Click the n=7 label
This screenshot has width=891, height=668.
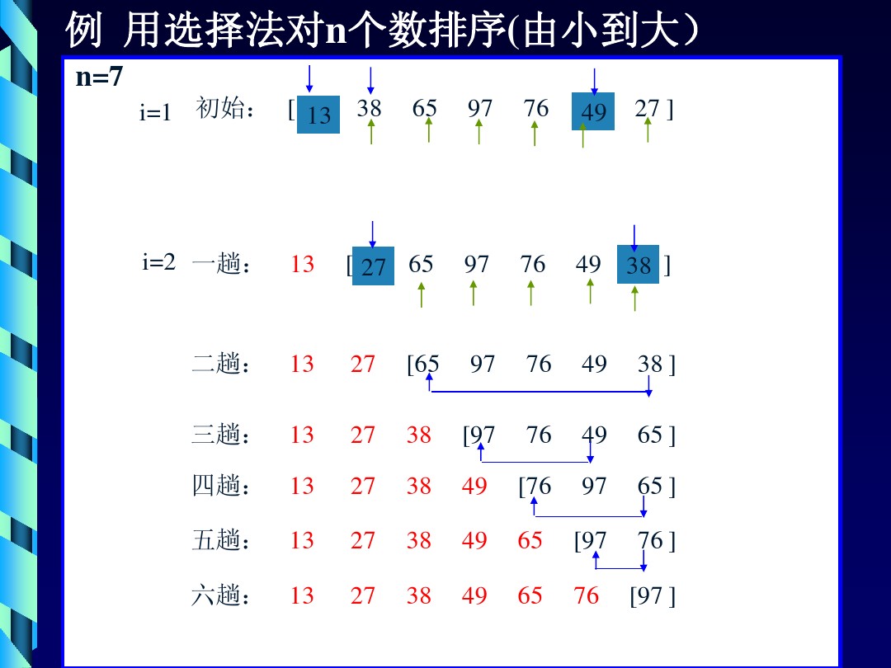99,76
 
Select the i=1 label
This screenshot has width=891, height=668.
155,112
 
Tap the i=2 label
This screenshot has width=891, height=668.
158,262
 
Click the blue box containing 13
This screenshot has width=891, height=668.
318,115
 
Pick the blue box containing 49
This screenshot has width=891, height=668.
592,111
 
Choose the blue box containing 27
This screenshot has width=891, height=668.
373,266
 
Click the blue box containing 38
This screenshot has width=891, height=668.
638,264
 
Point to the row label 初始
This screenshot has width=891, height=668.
224,107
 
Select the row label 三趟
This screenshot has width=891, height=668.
220,434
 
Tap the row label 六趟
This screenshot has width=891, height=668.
220,595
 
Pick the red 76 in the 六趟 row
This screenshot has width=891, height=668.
587,595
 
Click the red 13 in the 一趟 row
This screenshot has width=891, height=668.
302,264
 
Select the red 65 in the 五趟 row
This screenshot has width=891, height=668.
530,540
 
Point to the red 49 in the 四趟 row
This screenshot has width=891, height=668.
474,487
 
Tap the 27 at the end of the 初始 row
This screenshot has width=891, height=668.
647,108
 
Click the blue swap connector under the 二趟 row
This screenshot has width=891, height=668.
540,392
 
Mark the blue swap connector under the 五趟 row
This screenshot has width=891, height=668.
620,568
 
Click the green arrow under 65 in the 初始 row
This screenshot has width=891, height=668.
428,130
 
